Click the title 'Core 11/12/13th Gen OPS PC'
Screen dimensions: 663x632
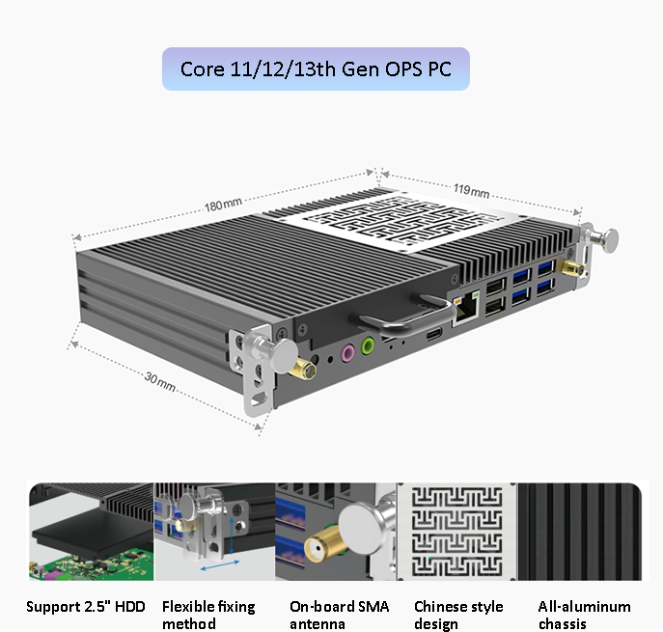tap(316, 69)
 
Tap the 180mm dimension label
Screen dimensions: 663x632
tap(223, 205)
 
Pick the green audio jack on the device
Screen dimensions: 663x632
tap(368, 344)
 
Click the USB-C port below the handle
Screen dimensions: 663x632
tap(433, 334)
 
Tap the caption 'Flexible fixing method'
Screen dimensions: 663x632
tap(208, 615)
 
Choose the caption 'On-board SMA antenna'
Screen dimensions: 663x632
tap(339, 615)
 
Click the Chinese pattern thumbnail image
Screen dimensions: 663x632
tap(457, 532)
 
